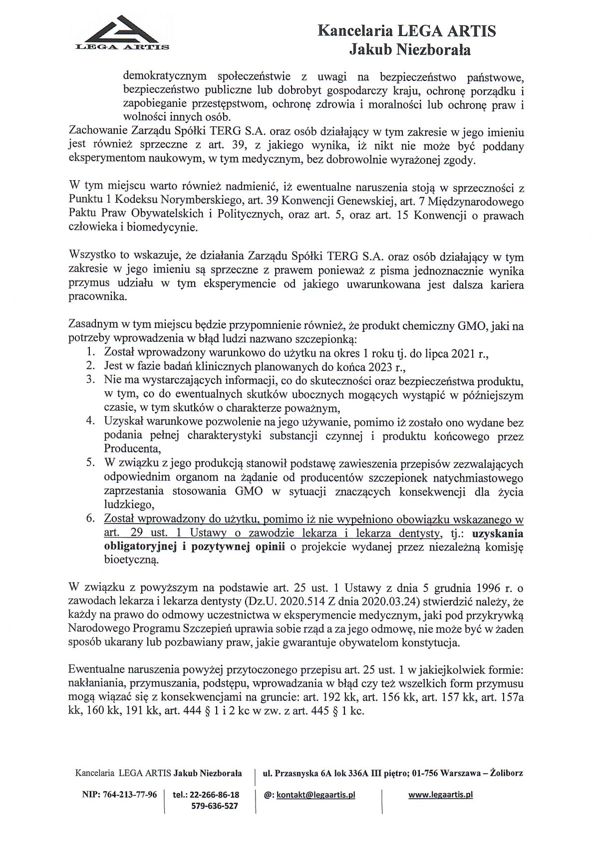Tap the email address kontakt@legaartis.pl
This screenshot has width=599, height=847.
tap(315, 795)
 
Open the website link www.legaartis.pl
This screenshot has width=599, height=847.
tap(440, 795)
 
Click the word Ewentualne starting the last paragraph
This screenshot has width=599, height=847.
tap(98, 668)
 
